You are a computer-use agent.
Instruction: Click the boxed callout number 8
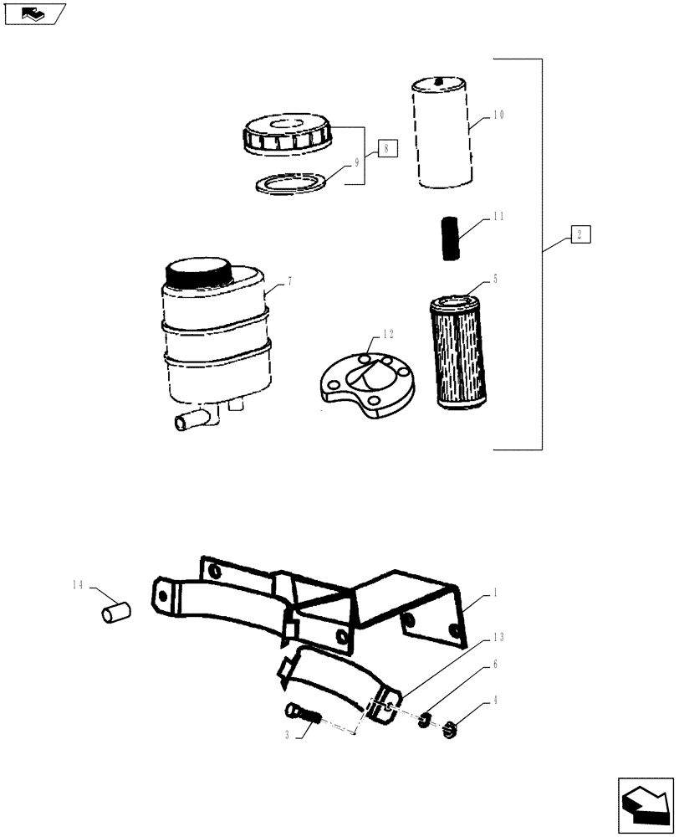pos(387,150)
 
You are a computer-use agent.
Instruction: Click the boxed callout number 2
pos(581,234)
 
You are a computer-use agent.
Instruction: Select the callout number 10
pos(498,116)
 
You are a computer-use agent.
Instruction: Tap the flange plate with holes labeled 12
pos(365,385)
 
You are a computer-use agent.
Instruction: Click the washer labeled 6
pos(425,718)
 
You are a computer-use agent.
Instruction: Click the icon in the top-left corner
pos(34,13)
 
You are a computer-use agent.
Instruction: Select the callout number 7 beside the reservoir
pos(288,282)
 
